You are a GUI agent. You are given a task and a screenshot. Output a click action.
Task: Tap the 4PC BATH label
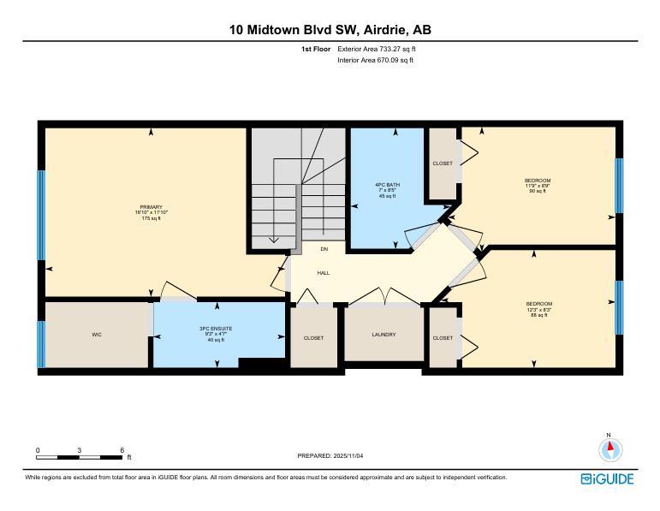click(387, 185)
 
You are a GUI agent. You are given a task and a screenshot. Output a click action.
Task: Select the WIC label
click(97, 335)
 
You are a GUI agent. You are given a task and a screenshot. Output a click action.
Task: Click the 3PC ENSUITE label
click(216, 329)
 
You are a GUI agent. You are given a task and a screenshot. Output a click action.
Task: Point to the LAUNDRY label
click(384, 335)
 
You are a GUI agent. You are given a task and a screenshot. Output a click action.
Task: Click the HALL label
click(324, 273)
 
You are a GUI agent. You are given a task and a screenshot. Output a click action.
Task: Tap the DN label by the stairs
click(324, 249)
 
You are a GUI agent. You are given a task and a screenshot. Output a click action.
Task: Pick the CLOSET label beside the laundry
click(313, 338)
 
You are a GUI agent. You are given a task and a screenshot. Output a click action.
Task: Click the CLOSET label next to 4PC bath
click(443, 163)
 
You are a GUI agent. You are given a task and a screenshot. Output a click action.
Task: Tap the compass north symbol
click(609, 449)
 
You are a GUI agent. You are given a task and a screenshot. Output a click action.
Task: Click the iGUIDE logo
click(607, 478)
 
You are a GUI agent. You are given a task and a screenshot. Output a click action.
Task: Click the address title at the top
click(330, 30)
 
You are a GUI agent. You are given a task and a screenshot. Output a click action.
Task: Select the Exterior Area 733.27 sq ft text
click(377, 50)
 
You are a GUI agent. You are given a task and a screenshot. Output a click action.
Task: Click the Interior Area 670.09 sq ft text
click(375, 61)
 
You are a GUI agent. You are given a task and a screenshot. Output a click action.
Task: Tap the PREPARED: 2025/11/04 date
click(330, 456)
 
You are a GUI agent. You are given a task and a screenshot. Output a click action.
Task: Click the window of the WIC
click(40, 343)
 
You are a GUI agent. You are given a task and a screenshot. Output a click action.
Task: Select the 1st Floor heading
click(315, 50)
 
